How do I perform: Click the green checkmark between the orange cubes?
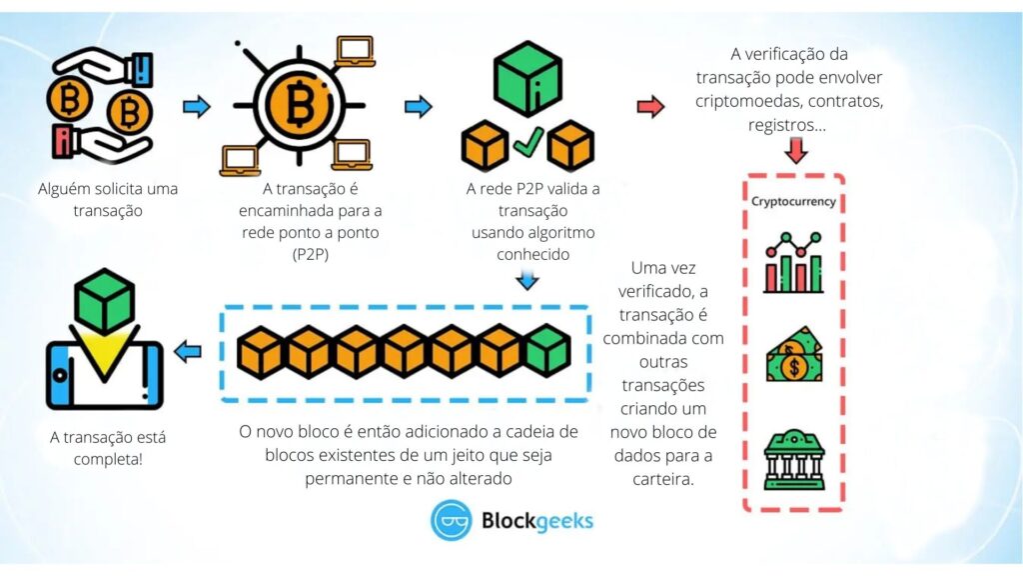[527, 142]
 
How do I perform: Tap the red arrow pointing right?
[649, 106]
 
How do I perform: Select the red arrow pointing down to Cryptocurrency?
[795, 150]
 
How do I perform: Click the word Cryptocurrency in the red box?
[793, 201]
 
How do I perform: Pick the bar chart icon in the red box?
[793, 262]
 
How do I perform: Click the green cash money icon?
[794, 355]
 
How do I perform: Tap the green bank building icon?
[794, 459]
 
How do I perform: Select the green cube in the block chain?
[548, 351]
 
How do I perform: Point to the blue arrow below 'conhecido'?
[527, 280]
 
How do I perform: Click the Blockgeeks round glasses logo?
[451, 520]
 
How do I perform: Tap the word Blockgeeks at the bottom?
[536, 520]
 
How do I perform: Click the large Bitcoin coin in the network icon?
[300, 104]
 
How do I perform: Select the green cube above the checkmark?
[527, 78]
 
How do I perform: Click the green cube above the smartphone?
[104, 301]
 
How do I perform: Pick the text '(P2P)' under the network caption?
[311, 254]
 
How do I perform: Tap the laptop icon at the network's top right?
[356, 51]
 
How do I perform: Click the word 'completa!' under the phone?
[108, 459]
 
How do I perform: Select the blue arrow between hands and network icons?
[197, 106]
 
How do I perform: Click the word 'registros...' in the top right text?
[787, 125]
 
